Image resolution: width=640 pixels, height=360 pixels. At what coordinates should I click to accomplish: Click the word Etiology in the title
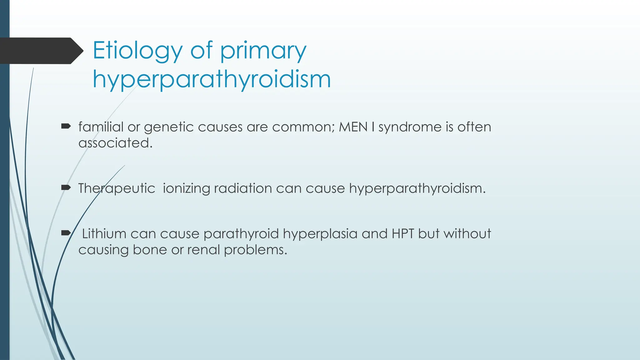[x=137, y=51]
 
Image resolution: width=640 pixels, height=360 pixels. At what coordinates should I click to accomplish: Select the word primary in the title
[x=263, y=51]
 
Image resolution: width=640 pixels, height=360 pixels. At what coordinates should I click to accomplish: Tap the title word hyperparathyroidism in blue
[x=212, y=79]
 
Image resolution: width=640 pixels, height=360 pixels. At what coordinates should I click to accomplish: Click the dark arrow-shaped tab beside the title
[x=41, y=51]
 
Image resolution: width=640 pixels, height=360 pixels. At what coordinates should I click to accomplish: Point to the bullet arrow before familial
[x=66, y=127]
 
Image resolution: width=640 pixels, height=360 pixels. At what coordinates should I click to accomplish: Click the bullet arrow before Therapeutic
[x=66, y=188]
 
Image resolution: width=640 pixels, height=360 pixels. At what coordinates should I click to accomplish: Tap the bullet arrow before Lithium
[x=66, y=233]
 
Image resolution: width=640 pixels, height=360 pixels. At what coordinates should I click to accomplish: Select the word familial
[x=101, y=127]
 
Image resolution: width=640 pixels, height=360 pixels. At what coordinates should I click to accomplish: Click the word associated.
[x=115, y=143]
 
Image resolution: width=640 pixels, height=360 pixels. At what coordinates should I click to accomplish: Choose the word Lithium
[x=104, y=234]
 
